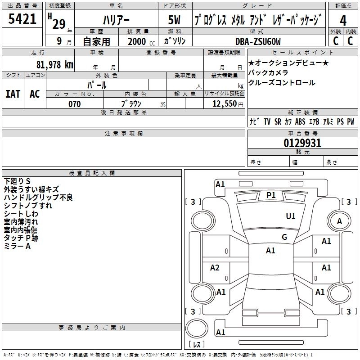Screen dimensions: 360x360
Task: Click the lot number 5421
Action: [22, 19]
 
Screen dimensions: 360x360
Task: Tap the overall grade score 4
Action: [343, 20]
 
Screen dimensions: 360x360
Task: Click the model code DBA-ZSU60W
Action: [258, 42]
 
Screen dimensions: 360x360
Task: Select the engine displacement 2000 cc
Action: [139, 42]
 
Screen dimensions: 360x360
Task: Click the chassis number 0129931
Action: [302, 144]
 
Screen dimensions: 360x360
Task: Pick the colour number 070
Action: [74, 104]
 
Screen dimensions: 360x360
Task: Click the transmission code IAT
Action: [13, 94]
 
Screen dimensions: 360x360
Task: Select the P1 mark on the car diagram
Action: [271, 195]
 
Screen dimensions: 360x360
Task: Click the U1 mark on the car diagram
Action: [291, 216]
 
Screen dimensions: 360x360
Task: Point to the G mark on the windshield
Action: [284, 237]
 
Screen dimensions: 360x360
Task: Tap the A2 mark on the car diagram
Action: [215, 268]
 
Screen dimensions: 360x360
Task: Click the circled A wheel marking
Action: [339, 221]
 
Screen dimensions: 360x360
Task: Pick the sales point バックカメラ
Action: [268, 72]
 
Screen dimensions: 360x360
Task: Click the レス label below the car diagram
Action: [197, 345]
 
